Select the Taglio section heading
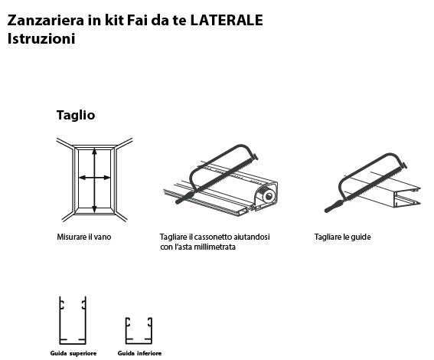pos(75,115)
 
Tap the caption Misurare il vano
pos(83,237)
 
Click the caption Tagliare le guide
pos(341,237)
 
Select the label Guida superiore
pos(74,353)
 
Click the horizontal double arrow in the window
pos(94,178)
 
